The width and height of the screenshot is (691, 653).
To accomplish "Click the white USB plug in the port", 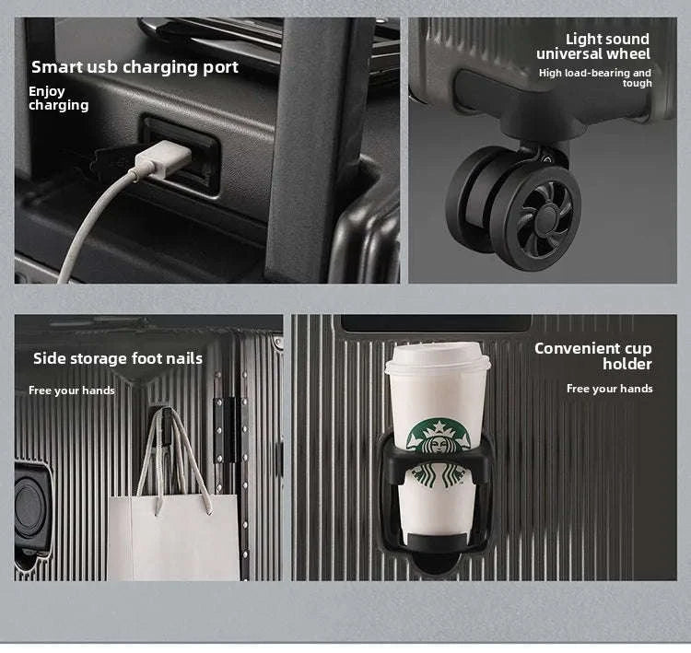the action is pos(163,158).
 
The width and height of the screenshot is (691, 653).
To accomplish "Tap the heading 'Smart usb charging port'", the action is pos(135,67).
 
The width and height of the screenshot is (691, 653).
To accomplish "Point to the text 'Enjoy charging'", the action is pos(59,99).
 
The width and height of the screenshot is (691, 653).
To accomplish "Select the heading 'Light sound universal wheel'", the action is pos(593,46).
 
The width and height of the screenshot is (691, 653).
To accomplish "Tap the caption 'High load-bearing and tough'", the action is pos(595,78).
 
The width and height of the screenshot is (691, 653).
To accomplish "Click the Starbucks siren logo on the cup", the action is pos(439,454).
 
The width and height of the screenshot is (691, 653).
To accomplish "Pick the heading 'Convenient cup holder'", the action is pos(593,356).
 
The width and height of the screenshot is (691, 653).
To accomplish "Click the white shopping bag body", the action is pos(173,538).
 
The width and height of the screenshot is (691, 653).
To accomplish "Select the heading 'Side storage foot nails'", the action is pos(118,358).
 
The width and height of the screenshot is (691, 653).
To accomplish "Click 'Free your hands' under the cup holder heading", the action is pos(610,389).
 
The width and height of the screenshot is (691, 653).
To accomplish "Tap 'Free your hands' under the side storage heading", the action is pos(72,391).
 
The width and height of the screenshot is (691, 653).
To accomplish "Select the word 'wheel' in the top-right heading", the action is pos(627,54).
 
